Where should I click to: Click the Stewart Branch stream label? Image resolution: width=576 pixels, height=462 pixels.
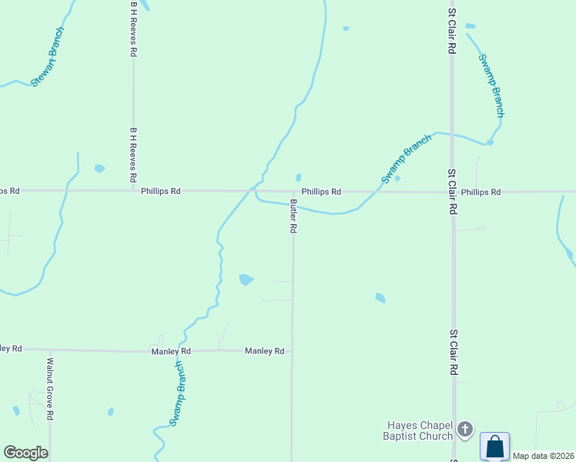tap(48, 57)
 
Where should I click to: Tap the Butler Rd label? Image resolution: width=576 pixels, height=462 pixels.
tap(293, 216)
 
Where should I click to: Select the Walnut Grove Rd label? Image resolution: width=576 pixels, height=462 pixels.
tap(50, 388)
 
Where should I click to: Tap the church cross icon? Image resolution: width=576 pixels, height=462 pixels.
tap(464, 428)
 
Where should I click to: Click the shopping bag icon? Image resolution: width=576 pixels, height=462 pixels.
tap(494, 446)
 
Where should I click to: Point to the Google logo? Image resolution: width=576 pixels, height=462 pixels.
tap(25, 453)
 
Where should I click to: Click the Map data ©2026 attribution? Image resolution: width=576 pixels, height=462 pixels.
tap(544, 456)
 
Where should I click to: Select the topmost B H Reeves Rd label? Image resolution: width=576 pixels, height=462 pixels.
tap(133, 28)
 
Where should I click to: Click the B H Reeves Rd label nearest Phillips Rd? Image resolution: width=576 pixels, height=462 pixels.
tap(133, 155)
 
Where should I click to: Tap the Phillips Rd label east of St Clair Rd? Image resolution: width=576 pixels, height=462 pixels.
tap(481, 192)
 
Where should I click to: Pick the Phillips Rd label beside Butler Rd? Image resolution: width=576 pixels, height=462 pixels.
tap(321, 192)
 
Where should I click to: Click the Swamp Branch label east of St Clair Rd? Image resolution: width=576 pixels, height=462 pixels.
tap(491, 85)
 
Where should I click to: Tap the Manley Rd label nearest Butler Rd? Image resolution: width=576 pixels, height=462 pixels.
tap(264, 351)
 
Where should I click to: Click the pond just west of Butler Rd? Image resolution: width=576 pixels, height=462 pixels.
tap(246, 280)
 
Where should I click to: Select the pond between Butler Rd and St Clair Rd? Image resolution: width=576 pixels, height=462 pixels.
tap(380, 298)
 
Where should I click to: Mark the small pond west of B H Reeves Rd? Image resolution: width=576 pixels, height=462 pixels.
tap(99, 168)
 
